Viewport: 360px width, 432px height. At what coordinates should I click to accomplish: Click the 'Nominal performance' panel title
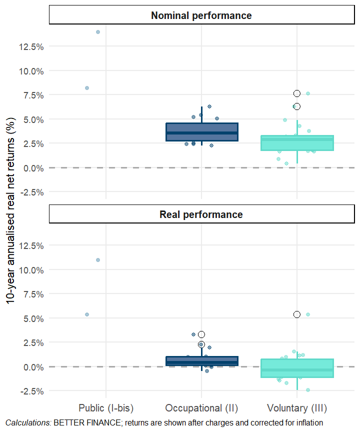coord(201,15)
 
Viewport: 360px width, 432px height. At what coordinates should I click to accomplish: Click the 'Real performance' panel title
coord(201,214)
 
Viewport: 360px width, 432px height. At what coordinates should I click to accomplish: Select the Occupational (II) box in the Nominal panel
coord(201,132)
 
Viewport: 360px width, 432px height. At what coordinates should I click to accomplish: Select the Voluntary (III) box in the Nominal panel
coord(297,143)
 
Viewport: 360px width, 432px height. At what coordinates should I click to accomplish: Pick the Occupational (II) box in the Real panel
coord(201,361)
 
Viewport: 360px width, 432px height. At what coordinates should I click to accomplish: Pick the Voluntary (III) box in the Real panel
coord(297,368)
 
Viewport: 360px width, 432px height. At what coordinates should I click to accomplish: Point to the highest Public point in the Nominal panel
coord(98,32)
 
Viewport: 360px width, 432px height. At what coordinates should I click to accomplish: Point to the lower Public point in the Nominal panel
coord(87,88)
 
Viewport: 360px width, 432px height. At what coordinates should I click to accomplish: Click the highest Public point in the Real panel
coord(98,260)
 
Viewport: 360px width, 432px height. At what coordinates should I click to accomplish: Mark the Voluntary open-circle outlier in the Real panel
coord(297,314)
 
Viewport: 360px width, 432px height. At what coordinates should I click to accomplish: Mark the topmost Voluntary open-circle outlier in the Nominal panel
coord(297,93)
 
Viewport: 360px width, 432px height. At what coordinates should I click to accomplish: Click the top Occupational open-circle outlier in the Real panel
coord(201,334)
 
